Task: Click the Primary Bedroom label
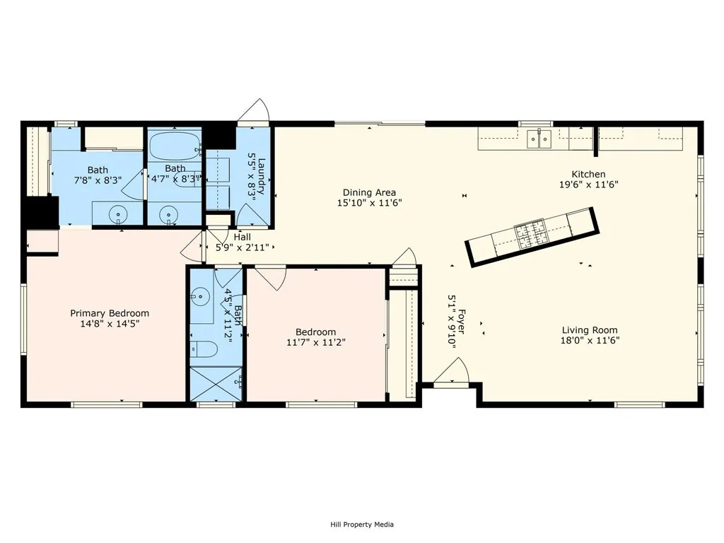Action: [110, 313]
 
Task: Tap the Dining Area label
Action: [369, 192]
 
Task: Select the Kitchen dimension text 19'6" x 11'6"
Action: [589, 185]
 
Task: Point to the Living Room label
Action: [590, 330]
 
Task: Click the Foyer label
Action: [461, 322]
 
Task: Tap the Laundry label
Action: [262, 176]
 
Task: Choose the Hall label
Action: [243, 237]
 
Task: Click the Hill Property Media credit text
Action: [362, 525]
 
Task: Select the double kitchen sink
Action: [539, 138]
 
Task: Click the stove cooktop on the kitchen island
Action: [530, 235]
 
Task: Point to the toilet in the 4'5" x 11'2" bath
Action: [204, 349]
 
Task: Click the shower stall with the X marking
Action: [216, 384]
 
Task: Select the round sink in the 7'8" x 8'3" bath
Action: [119, 214]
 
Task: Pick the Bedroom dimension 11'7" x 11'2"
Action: [316, 342]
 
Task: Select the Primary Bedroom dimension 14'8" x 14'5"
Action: [110, 324]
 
